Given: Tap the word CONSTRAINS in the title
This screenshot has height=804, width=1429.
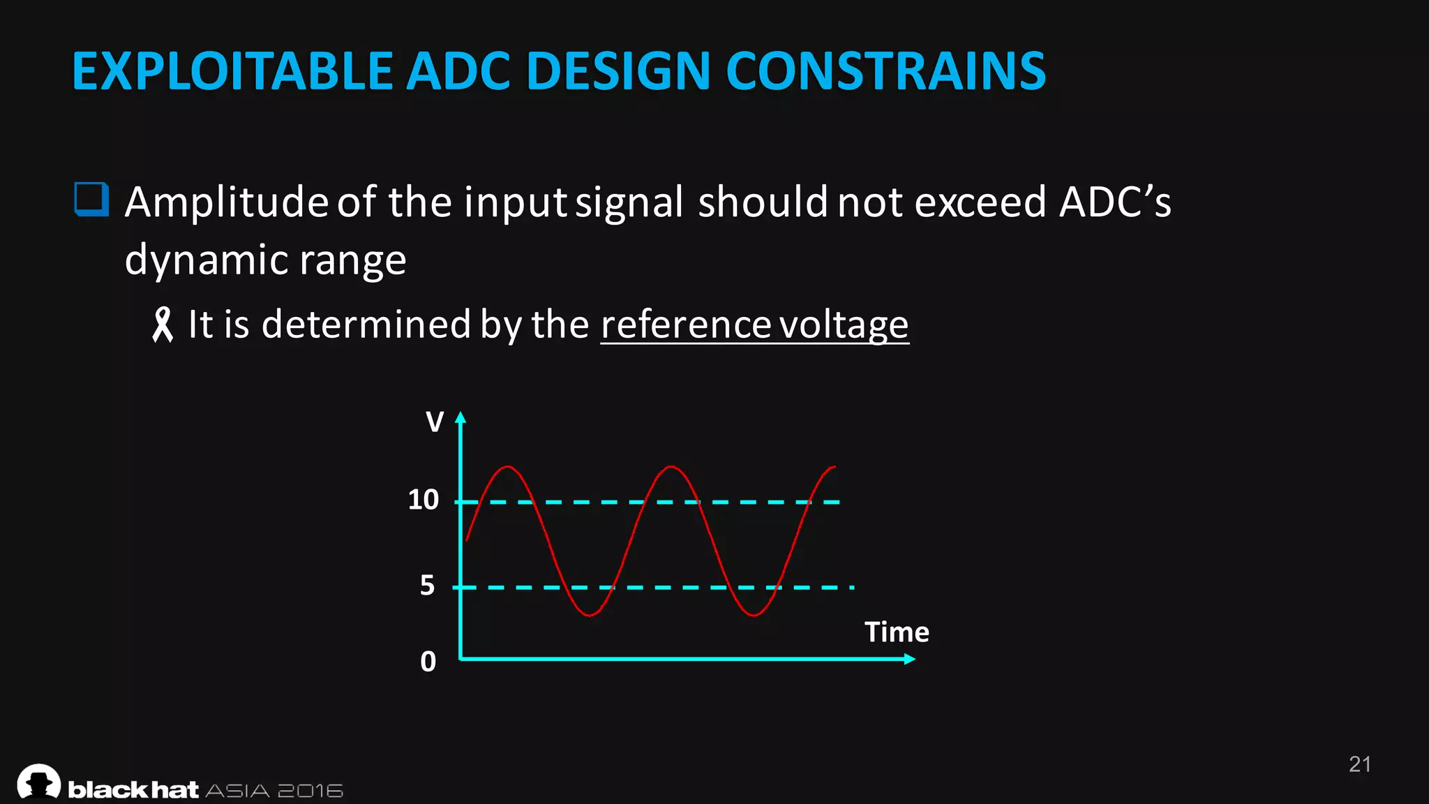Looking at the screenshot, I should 885,72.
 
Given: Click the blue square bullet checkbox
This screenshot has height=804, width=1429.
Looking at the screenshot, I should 91,200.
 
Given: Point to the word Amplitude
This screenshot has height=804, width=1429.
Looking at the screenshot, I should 226,202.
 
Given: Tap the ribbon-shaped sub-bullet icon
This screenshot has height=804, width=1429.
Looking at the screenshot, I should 162,325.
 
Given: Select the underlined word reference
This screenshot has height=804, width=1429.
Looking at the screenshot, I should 685,325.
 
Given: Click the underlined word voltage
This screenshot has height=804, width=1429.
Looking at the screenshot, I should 844,325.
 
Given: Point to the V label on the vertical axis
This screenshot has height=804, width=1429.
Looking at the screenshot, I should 435,422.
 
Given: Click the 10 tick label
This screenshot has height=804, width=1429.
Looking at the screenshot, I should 423,500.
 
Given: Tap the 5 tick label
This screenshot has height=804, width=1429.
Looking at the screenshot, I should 427,585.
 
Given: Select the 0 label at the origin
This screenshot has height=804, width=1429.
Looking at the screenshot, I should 428,661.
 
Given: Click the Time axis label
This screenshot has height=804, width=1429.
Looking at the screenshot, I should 897,632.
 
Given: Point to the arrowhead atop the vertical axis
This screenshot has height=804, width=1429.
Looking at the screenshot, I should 460,417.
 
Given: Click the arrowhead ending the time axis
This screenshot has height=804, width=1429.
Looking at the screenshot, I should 909,659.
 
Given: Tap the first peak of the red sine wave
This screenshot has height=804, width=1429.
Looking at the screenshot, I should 508,466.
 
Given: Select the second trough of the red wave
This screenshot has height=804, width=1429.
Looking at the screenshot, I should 754,615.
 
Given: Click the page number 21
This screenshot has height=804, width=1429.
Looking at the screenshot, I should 1359,764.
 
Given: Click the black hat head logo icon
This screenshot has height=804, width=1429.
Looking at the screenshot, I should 39,782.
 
